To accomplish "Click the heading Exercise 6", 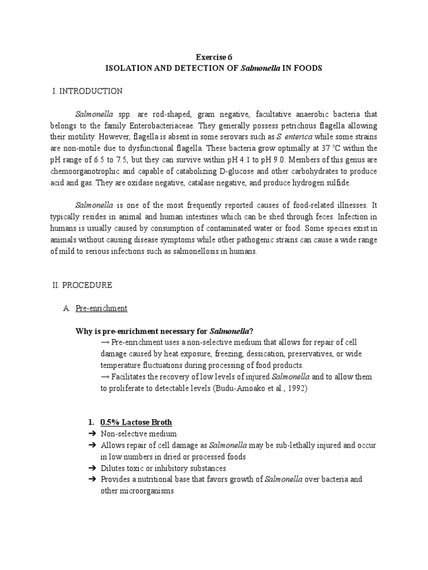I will click(214, 57).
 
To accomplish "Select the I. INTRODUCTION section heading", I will click(87, 91).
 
